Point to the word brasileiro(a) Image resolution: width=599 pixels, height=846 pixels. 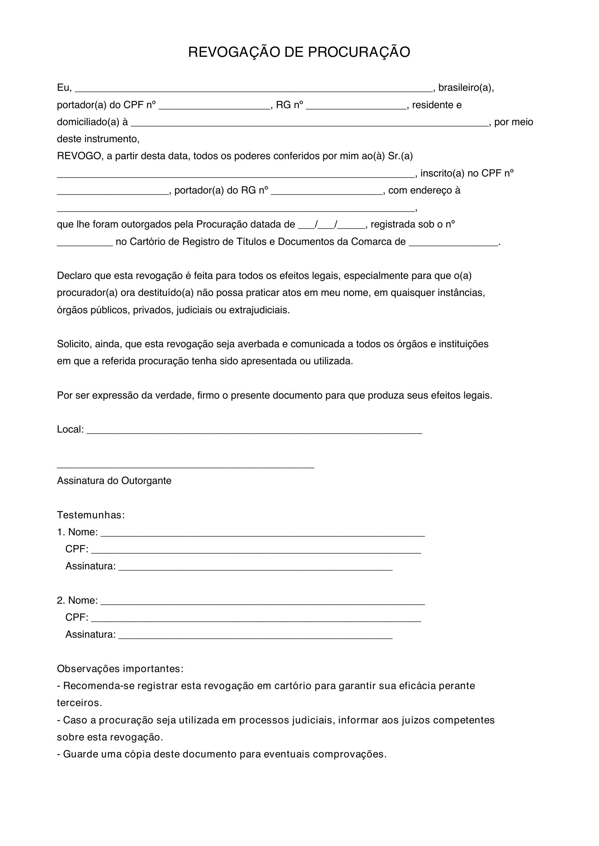(465, 88)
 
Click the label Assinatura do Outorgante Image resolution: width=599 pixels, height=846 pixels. (114, 481)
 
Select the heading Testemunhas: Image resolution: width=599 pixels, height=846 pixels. (91, 515)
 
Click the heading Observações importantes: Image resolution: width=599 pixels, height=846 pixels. (120, 669)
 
